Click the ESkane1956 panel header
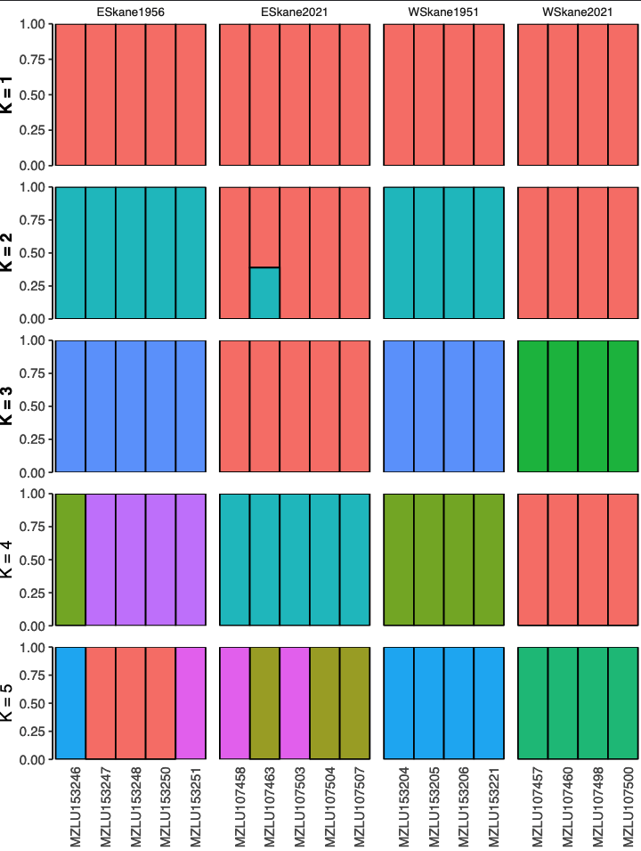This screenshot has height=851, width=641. click(x=131, y=12)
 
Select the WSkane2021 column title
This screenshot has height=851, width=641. click(x=578, y=12)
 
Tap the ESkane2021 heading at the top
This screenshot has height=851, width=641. click(x=295, y=12)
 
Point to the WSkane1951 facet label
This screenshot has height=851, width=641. click(x=444, y=12)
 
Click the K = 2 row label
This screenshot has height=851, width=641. click(x=8, y=252)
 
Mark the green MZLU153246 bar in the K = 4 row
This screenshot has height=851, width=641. click(x=70, y=559)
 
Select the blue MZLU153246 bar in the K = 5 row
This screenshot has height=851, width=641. click(x=70, y=703)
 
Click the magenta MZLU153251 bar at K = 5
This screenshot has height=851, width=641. click(x=191, y=703)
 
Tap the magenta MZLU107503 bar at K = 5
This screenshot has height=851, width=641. click(x=295, y=703)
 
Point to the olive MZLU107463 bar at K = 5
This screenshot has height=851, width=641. click(x=264, y=703)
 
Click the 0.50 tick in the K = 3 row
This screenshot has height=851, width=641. click(x=32, y=406)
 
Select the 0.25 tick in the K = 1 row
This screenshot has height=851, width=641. click(x=32, y=130)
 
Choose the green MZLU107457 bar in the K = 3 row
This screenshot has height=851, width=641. click(x=532, y=406)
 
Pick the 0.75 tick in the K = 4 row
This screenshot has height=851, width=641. click(x=32, y=527)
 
